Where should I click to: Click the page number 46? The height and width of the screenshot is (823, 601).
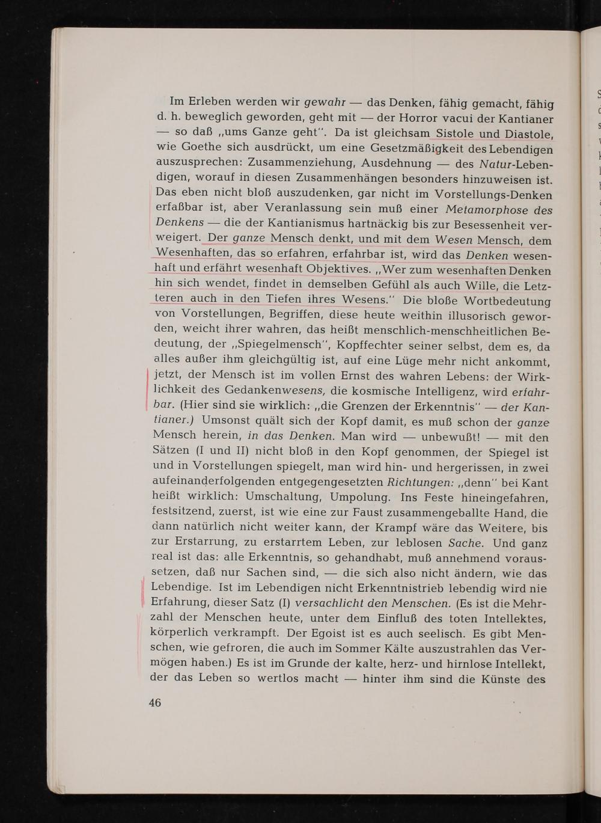pos(155,702)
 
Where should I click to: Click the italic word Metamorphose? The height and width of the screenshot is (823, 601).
pos(487,210)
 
